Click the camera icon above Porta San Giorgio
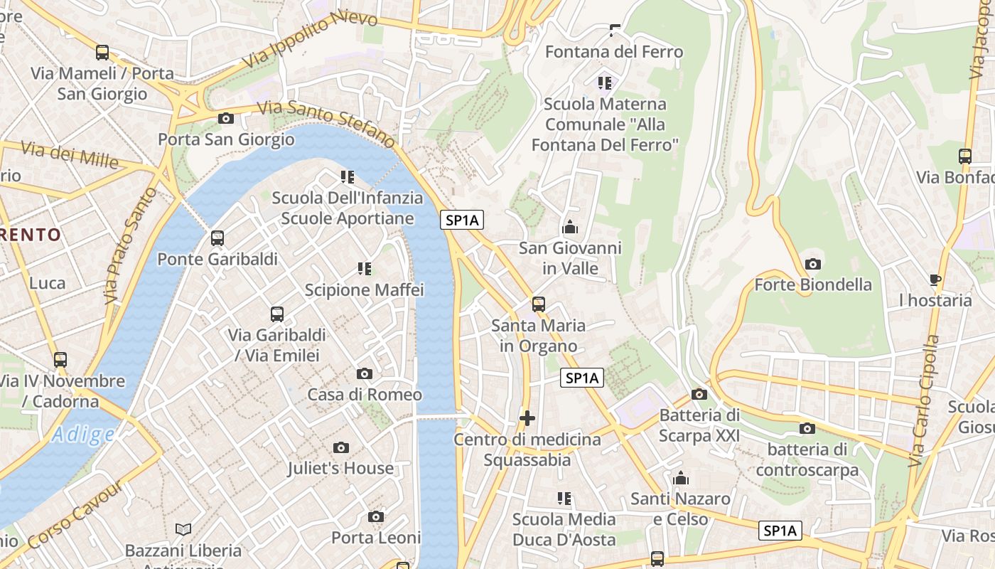226,119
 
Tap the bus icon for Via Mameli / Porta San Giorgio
102,53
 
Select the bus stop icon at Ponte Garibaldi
217,238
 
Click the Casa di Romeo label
365,394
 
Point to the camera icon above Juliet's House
341,447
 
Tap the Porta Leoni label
376,538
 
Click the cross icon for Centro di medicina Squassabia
527,418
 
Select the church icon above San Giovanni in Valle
569,228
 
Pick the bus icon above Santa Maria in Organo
539,304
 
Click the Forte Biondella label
812,284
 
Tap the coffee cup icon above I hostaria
935,280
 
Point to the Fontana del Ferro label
614,52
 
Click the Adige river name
83,434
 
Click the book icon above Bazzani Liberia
183,529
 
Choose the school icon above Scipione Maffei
365,269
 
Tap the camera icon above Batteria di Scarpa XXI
699,394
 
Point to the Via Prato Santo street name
129,245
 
